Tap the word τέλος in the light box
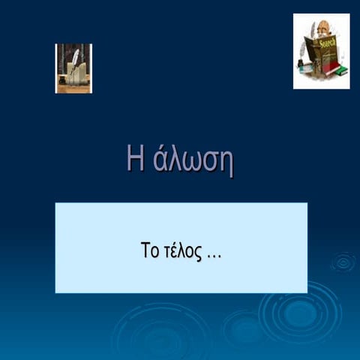181,250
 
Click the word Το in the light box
149,250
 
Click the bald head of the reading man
323,27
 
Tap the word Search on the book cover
327,46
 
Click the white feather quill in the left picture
75,56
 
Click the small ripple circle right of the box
343,262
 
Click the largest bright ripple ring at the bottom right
301,312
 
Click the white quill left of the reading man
303,49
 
